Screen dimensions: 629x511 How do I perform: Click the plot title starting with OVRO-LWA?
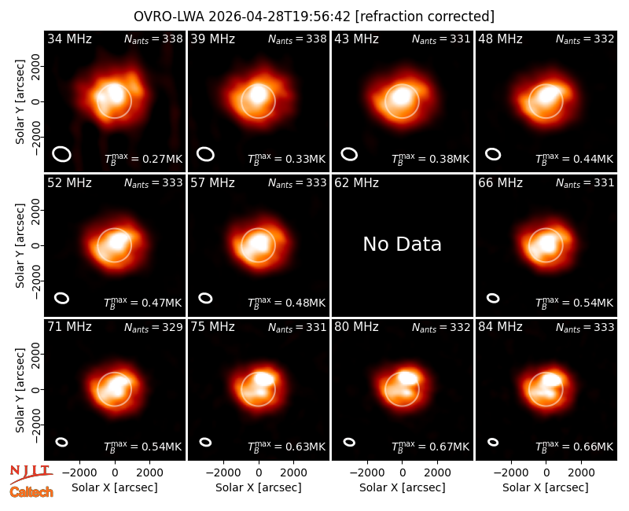click(314, 17)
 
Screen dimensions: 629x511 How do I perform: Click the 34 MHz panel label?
click(69, 39)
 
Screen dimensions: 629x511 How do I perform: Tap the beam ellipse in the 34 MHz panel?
click(62, 154)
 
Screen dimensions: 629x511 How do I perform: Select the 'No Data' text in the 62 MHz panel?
click(402, 244)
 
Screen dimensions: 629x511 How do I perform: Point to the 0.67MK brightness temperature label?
click(430, 446)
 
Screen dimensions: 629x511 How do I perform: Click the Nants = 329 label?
click(153, 328)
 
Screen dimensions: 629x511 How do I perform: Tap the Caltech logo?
click(31, 492)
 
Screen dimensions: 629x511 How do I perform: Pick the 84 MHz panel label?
click(500, 327)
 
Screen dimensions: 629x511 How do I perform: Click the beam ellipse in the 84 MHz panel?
click(493, 442)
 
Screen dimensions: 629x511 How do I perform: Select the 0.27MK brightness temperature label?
click(143, 158)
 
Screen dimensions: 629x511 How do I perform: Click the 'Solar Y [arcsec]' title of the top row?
click(20, 102)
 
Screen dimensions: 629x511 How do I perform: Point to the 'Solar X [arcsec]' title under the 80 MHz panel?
click(402, 487)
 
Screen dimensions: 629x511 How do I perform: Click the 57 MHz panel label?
click(212, 183)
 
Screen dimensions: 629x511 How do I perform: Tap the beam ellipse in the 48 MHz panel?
click(493, 154)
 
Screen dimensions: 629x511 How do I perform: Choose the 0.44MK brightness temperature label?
click(574, 158)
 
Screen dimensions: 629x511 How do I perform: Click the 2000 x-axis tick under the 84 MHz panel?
click(581, 472)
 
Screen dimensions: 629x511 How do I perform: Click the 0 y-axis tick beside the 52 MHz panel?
click(37, 245)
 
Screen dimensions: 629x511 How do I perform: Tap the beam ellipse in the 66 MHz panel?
click(493, 298)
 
